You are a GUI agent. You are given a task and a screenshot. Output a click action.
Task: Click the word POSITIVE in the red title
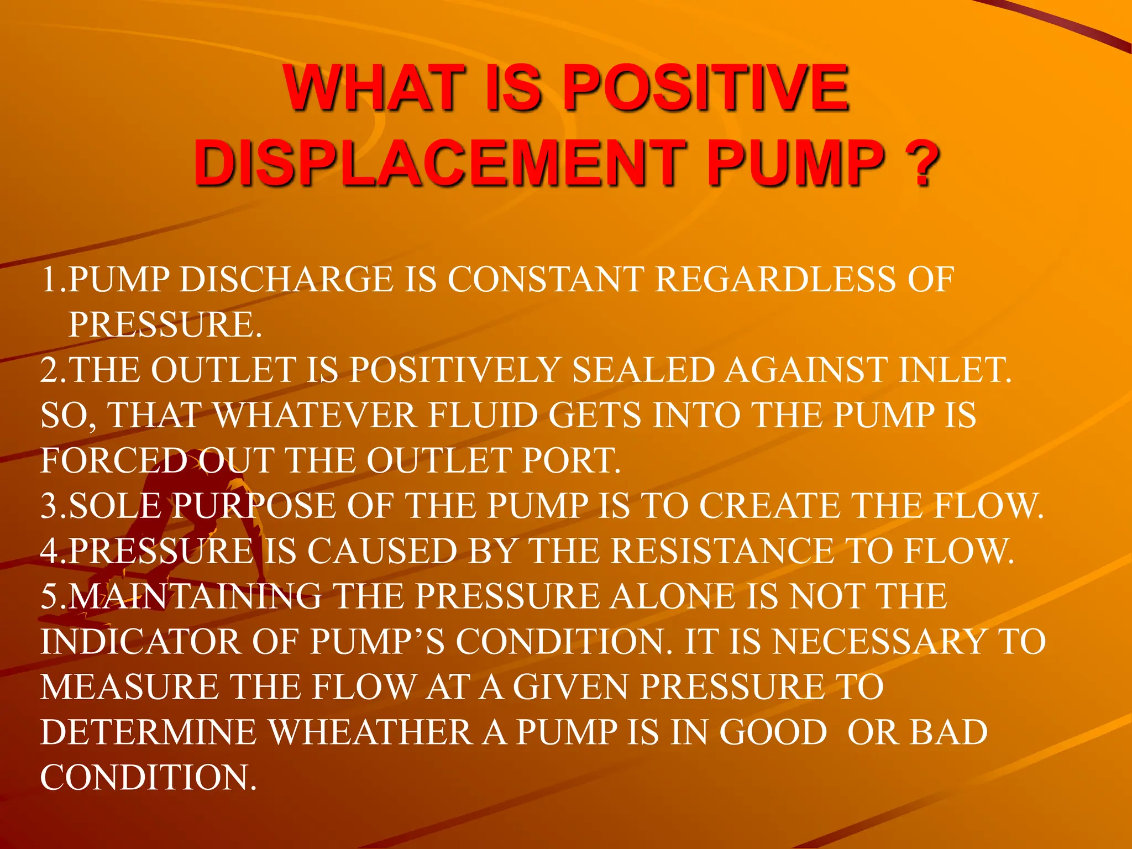(x=706, y=88)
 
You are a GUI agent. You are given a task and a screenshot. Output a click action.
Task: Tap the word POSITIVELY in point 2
(x=455, y=370)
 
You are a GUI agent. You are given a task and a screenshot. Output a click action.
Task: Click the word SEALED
(x=643, y=370)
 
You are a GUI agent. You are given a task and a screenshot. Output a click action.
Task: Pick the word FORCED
(x=114, y=461)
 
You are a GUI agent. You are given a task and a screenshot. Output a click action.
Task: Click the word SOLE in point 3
(x=116, y=506)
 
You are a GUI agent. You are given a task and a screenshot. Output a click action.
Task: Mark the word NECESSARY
(x=879, y=642)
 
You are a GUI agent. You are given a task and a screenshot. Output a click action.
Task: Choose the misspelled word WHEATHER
(x=371, y=733)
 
